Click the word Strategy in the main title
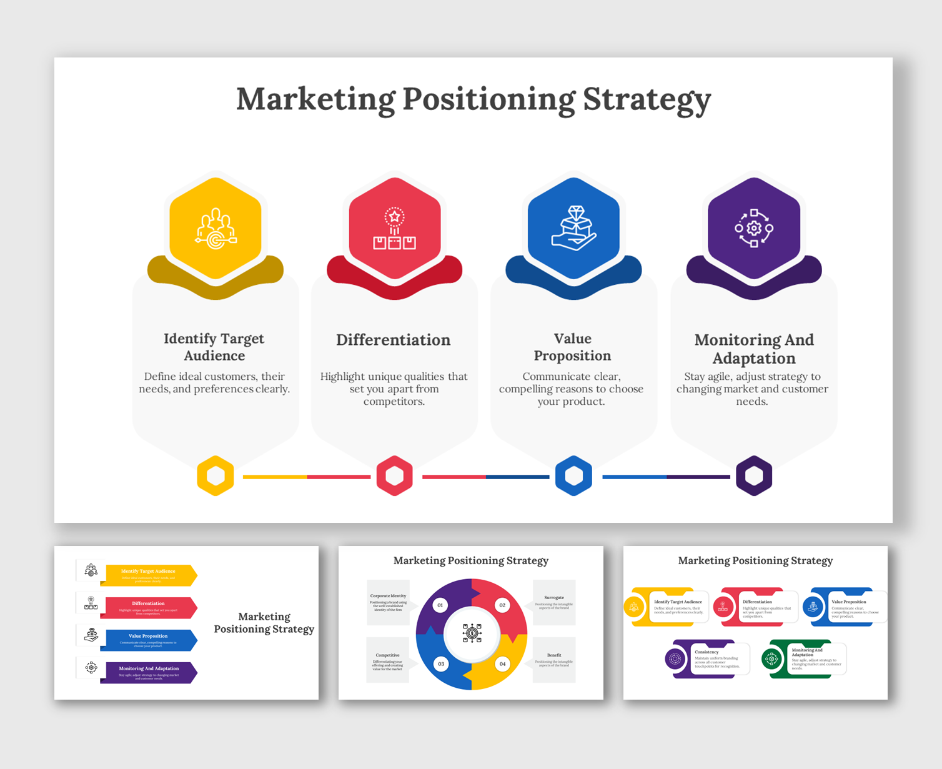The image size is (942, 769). click(647, 100)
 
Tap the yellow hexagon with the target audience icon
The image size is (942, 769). click(216, 228)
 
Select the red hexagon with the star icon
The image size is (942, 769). click(395, 228)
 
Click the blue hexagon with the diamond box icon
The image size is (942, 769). click(573, 228)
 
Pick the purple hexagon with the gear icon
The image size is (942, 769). click(754, 228)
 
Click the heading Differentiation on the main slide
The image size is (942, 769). click(393, 340)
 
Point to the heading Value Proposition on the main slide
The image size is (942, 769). click(572, 347)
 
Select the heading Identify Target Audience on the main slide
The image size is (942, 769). click(214, 347)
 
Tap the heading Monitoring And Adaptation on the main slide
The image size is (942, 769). click(754, 349)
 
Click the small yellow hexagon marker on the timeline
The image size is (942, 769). click(216, 476)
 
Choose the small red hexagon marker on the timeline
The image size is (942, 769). click(395, 476)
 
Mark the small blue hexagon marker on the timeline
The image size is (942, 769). click(573, 476)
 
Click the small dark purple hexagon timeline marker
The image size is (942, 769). click(754, 476)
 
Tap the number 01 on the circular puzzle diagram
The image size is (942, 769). click(440, 605)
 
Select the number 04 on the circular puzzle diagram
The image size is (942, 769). click(502, 663)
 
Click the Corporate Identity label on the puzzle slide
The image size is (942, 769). click(388, 596)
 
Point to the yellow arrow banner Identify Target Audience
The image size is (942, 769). click(149, 574)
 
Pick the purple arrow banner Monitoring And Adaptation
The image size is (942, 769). click(149, 672)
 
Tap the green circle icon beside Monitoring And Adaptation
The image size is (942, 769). click(771, 658)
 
